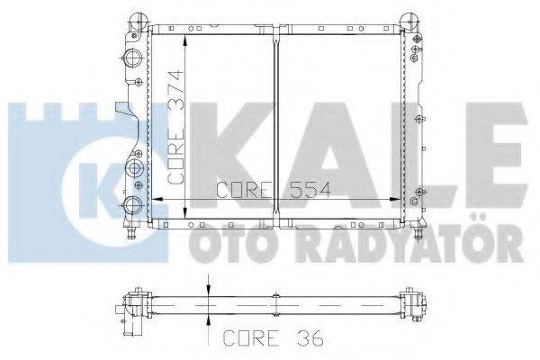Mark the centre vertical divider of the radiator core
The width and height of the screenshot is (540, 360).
[274, 126]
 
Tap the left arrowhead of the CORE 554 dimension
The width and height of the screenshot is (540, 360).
[152, 198]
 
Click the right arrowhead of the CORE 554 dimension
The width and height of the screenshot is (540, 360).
[400, 198]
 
